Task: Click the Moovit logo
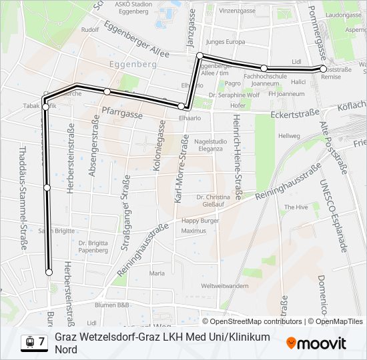316,343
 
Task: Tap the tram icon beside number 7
29,342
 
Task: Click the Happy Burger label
200,221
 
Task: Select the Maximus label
194,231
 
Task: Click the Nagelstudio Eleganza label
210,145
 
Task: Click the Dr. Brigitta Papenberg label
93,247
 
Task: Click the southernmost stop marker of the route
49,272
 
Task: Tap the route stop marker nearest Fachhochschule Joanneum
264,68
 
